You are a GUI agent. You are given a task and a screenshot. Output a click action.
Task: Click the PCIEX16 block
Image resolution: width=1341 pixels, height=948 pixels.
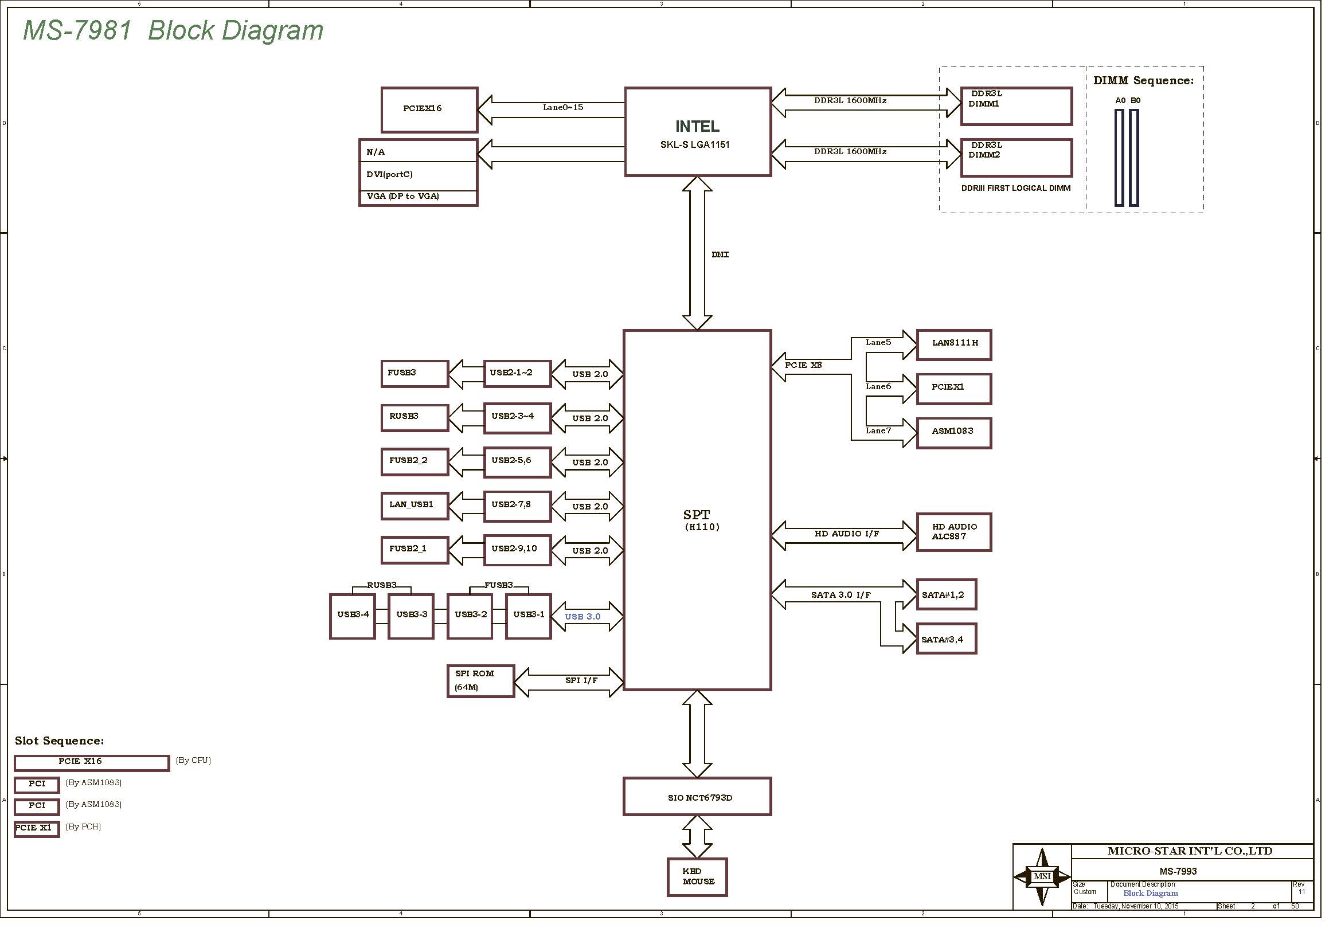[x=429, y=109]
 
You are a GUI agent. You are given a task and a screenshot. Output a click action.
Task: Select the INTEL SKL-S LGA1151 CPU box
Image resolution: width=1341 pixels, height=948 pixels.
[x=697, y=132]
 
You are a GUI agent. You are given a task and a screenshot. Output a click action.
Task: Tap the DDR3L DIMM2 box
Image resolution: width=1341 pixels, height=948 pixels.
[x=1016, y=157]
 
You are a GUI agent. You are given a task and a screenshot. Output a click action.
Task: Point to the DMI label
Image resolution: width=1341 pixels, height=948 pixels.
[x=720, y=254]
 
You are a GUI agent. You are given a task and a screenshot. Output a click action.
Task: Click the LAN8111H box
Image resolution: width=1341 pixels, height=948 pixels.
[x=953, y=344]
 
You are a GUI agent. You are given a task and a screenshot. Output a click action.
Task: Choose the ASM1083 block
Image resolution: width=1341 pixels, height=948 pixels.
[x=953, y=433]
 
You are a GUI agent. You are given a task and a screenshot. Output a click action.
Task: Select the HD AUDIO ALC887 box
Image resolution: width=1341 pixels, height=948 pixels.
[x=953, y=532]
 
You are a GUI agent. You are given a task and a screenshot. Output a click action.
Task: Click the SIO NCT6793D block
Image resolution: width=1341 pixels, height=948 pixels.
[x=697, y=797]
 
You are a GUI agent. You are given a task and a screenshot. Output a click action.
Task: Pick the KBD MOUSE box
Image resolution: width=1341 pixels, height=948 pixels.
[x=697, y=877]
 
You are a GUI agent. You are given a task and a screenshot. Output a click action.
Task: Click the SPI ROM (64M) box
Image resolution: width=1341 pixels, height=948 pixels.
[x=480, y=681]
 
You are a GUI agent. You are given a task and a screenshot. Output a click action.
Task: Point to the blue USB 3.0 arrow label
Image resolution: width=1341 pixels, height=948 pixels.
[x=582, y=617]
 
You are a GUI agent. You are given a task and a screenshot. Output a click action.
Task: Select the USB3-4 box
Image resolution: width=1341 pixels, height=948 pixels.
[x=352, y=617]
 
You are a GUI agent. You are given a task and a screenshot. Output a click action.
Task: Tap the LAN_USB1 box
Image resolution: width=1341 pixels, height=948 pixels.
[x=414, y=506]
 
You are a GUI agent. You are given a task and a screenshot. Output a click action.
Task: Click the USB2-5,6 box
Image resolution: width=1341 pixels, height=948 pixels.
[x=517, y=462]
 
